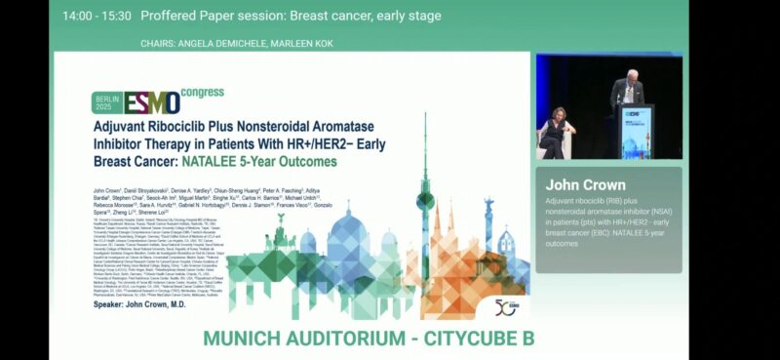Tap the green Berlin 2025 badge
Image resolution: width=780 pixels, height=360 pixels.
coord(107,102)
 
